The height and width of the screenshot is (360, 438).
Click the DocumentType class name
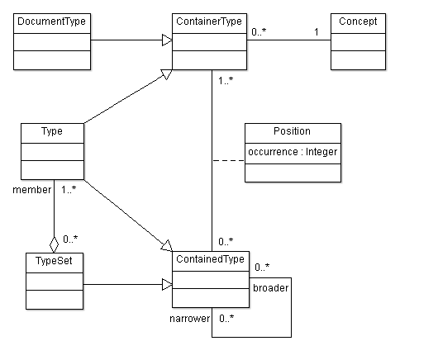pos(52,21)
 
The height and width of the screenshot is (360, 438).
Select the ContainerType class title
pos(209,21)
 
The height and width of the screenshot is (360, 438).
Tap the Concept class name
pos(358,21)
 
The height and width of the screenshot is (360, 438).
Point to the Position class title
pos(292,131)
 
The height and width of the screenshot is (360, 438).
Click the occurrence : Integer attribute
pos(293,152)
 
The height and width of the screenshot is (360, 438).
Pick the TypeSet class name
pos(54,261)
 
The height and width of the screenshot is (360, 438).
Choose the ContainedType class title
pos(210,259)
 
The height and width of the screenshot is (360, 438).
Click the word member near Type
pos(32,190)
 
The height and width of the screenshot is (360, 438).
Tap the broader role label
pos(271,288)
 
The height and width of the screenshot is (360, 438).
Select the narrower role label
pos(190,319)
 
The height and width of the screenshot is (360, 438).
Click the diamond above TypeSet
pos(54,244)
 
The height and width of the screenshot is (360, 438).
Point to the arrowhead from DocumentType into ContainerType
pos(167,40)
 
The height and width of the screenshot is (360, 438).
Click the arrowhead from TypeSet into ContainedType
pos(167,285)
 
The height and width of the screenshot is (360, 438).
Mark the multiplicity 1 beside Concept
pos(317,32)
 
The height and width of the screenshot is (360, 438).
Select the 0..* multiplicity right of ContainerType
pos(259,32)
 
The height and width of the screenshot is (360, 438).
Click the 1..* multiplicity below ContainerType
pos(226,81)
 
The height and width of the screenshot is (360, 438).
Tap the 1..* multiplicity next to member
pos(69,190)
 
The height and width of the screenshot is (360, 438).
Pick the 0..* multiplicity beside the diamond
pos(70,239)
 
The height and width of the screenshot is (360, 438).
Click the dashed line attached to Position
pos(228,161)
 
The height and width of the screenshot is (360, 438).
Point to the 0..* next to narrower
pos(226,319)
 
